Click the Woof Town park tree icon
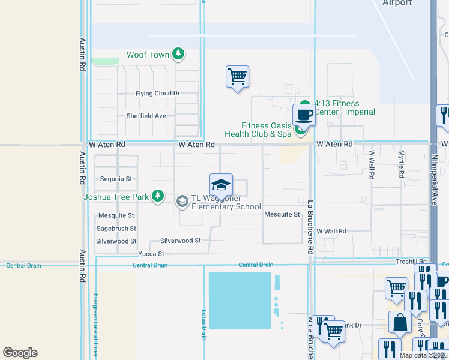point(178,55)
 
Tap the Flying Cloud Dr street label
point(157,94)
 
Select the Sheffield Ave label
point(146,116)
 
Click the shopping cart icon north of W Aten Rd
point(237,76)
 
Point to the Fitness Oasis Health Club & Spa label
point(267,130)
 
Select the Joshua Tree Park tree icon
point(157,196)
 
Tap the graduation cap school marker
point(221,184)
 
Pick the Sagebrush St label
point(116,229)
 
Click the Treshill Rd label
point(411,262)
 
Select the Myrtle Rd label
point(402,164)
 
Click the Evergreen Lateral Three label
point(95,325)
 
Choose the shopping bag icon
point(399,322)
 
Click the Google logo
point(20,353)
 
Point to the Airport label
point(397,3)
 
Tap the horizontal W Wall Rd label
point(331,231)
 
